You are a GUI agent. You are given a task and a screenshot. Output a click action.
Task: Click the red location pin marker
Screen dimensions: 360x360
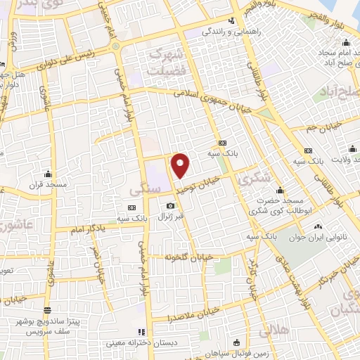tap(181, 165)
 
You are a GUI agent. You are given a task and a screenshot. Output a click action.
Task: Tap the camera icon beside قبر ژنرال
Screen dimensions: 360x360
tap(169, 205)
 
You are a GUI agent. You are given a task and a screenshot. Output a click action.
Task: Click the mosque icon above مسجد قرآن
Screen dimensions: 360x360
tap(47, 173)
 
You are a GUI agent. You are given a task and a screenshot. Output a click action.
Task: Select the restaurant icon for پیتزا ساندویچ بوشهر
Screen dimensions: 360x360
tap(47, 309)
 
